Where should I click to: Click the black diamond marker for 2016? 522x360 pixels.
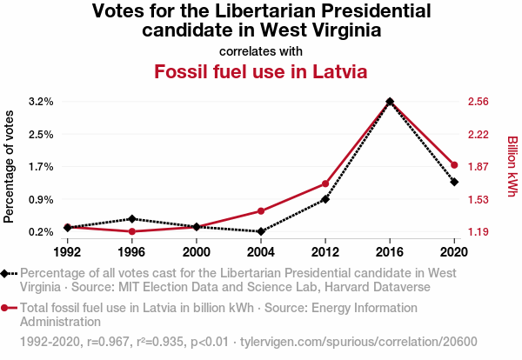tap(390, 102)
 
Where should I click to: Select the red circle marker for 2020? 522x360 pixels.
tap(454, 165)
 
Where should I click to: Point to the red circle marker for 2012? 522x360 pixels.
tap(325, 183)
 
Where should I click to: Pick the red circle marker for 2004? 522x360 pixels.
tap(261, 211)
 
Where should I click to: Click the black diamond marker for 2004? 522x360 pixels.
tap(261, 231)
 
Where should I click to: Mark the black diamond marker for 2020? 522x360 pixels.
tap(454, 182)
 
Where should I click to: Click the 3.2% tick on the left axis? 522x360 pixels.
tap(40, 102)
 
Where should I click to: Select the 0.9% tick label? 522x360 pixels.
tap(40, 199)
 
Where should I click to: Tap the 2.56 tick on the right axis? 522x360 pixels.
tap(478, 102)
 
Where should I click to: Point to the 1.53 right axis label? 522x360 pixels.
tap(478, 199)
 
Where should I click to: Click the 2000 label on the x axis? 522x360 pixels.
tap(197, 251)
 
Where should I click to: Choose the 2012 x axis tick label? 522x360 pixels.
tap(325, 251)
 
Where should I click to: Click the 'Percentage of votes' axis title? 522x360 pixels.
tap(10, 166)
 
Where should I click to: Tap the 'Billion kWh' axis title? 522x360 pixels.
tap(512, 166)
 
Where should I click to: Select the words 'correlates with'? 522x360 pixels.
tap(261, 50)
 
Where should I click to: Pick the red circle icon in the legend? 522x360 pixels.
tap(8, 308)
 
